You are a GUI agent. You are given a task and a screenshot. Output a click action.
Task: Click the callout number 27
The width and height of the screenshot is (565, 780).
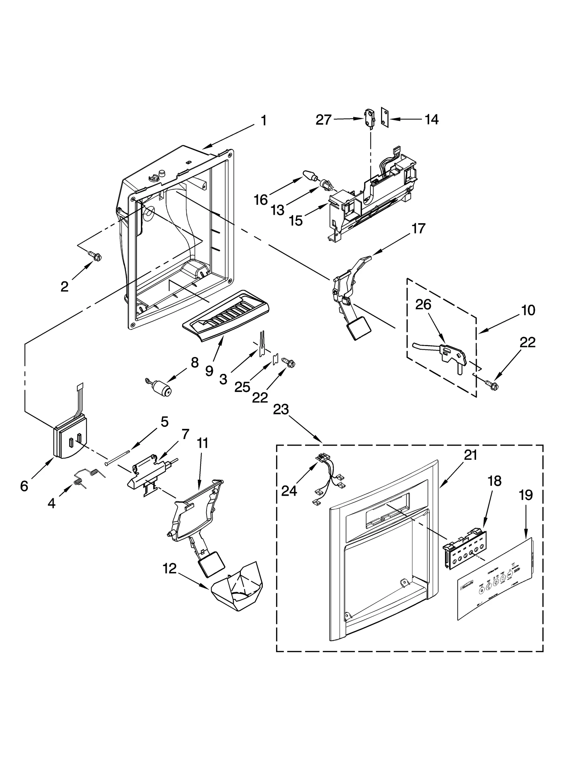pyautogui.click(x=323, y=120)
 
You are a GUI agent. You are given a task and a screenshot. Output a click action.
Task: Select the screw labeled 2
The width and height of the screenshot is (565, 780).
pyautogui.click(x=94, y=255)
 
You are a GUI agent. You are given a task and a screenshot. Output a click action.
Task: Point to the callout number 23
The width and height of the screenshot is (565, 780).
pyautogui.click(x=281, y=410)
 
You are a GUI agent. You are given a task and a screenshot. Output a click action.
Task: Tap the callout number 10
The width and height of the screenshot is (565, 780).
pyautogui.click(x=528, y=310)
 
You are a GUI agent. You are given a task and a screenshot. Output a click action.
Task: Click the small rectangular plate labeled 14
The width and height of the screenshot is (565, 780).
pyautogui.click(x=385, y=117)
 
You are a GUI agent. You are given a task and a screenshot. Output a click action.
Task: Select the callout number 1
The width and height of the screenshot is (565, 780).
pyautogui.click(x=263, y=121)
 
